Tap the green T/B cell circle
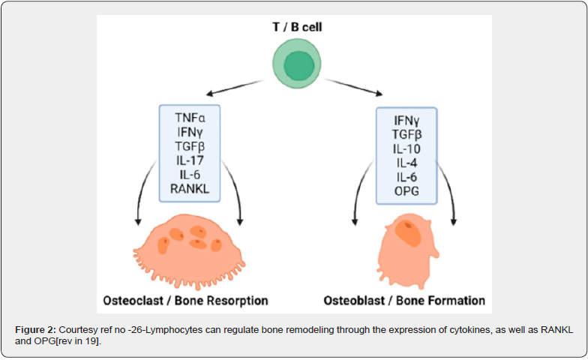(x=299, y=65)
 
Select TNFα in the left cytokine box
(x=190, y=118)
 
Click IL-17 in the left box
(x=190, y=160)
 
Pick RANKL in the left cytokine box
(x=190, y=188)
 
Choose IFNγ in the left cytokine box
(x=190, y=133)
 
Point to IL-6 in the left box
(x=190, y=175)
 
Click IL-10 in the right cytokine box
(x=406, y=148)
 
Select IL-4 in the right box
(x=406, y=163)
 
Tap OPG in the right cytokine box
(x=406, y=190)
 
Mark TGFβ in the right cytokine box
(x=406, y=135)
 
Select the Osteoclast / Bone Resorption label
(x=186, y=301)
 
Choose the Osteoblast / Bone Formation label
(x=404, y=301)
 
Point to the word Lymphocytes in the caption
(x=164, y=330)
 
